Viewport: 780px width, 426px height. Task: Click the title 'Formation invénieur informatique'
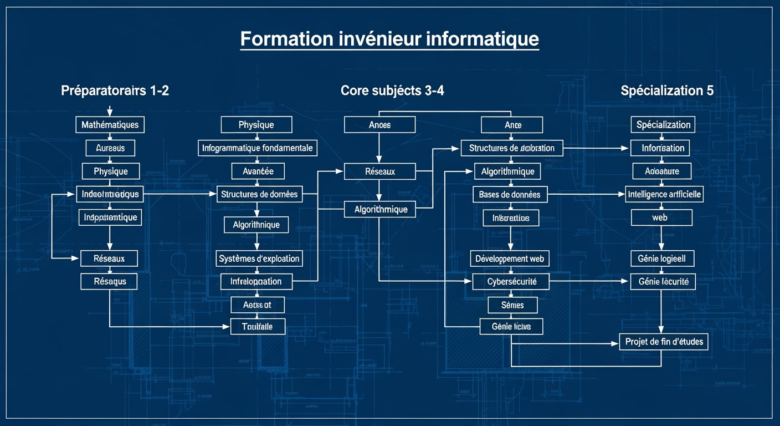pos(389,39)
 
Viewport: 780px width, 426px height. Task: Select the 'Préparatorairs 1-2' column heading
pos(115,91)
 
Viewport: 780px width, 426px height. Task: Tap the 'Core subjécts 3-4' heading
pos(392,91)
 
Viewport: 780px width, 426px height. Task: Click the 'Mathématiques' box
pos(110,125)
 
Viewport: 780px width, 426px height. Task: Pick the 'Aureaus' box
pos(110,148)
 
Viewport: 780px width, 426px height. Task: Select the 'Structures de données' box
pos(259,194)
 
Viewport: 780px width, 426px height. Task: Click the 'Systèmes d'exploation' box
pos(259,258)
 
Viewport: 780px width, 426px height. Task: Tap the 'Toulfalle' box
pos(258,327)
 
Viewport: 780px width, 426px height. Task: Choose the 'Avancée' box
pos(258,171)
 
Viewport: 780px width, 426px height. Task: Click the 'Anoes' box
pos(379,125)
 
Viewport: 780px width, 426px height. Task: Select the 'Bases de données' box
pos(510,194)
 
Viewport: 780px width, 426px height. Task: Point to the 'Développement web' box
pos(510,258)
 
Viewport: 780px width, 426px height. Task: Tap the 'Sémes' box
pos(512,305)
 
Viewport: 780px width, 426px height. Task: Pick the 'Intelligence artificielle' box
pos(664,194)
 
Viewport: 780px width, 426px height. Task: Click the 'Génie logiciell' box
pos(662,258)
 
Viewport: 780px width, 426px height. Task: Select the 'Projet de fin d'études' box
pos(664,341)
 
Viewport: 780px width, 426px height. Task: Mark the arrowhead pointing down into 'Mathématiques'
pos(110,113)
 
